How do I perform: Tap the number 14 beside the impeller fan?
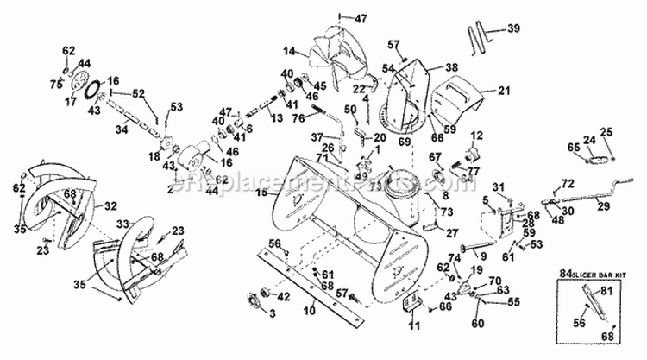291,51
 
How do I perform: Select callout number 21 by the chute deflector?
505,89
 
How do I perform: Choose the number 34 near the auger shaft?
121,129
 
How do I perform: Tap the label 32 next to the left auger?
110,206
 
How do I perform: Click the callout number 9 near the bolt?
482,256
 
